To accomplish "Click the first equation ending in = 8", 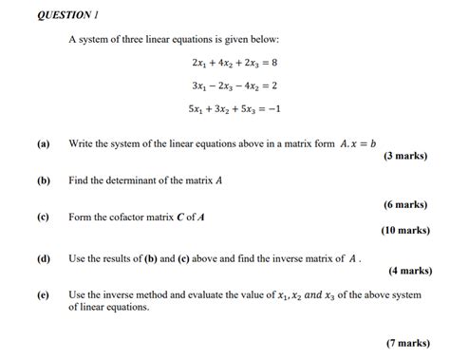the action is [234, 63].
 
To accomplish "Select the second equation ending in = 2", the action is [234, 85].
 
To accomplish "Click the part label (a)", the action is [44, 144].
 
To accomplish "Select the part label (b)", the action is [44, 179].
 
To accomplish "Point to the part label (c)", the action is [44, 216].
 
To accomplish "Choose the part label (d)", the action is [44, 258].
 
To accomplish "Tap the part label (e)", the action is [44, 295].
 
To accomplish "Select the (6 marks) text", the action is [404, 204].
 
